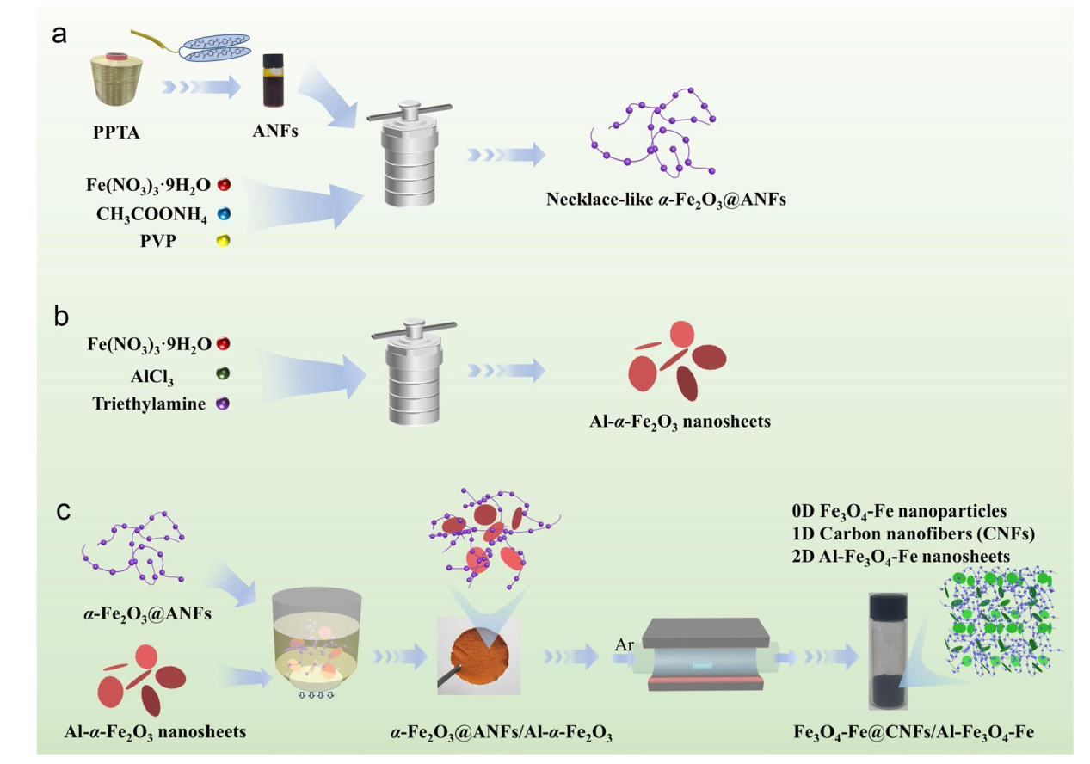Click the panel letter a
59,36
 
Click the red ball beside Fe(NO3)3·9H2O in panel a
225,184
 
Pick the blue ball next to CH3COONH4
225,212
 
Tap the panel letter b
61,316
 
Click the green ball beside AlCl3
225,374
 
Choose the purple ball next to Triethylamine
225,402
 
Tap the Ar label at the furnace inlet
625,644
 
